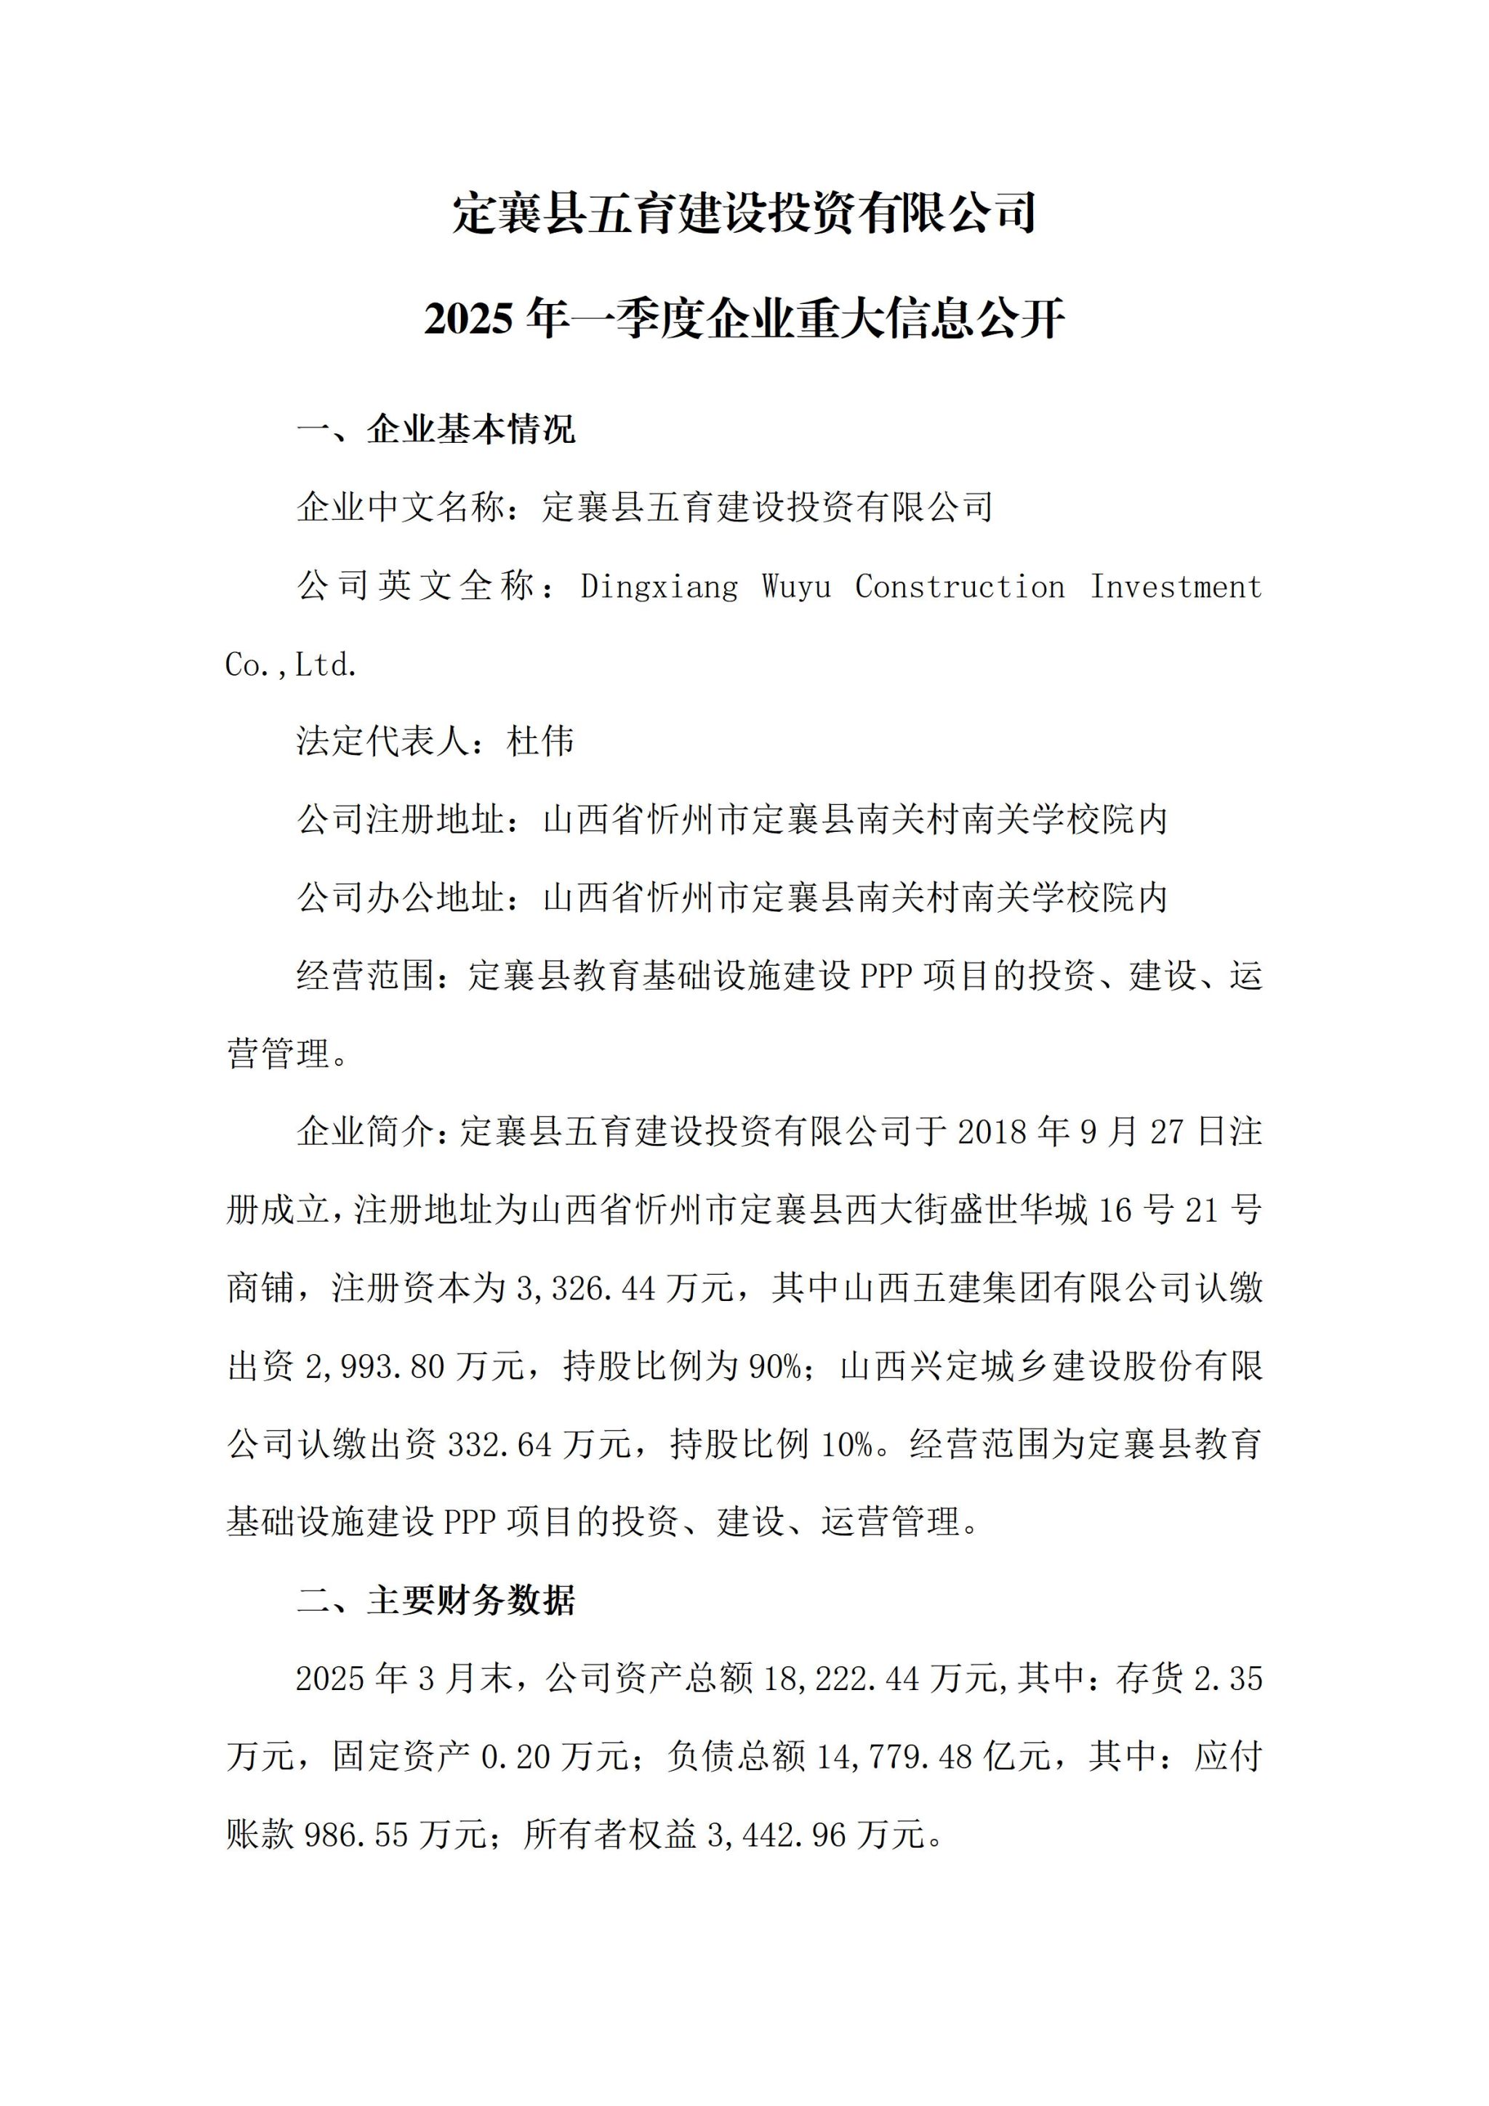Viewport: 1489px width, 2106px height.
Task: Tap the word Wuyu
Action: tap(796, 587)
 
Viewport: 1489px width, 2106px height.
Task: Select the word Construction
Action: tap(960, 587)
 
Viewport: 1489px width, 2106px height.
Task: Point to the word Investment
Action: tap(1176, 587)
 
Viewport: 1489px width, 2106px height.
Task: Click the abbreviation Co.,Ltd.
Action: tap(291, 665)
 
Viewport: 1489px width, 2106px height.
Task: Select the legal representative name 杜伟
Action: tap(540, 741)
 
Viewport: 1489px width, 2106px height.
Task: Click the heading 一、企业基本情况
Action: tap(436, 429)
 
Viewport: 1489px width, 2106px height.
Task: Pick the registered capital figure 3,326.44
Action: tap(586, 1289)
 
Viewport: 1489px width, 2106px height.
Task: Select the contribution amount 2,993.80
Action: tap(375, 1366)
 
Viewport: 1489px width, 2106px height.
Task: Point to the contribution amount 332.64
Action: tap(499, 1445)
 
